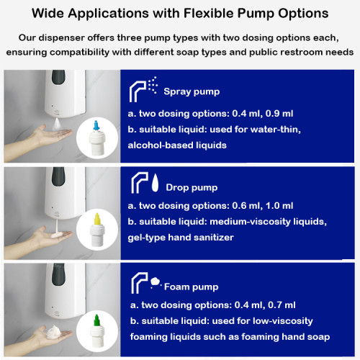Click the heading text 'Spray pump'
192,92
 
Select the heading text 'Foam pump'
191,287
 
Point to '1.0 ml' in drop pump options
300,207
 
